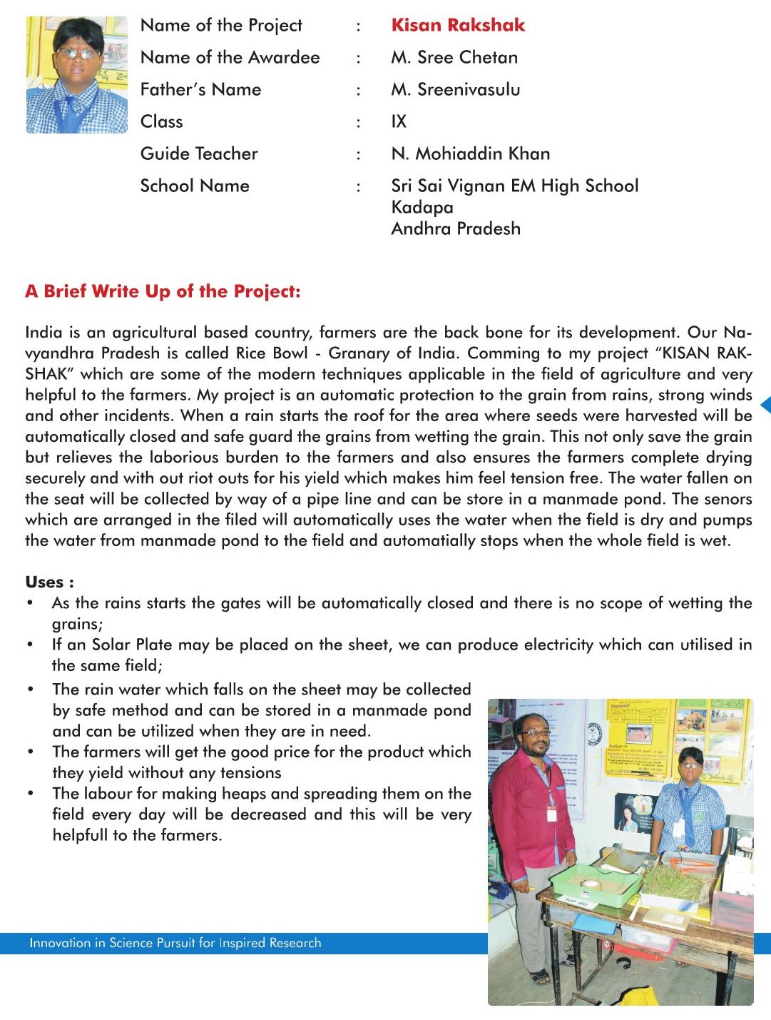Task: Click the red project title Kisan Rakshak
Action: [457, 25]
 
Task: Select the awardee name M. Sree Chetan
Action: [454, 57]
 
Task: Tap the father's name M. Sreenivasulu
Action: [456, 89]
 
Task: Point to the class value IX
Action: [399, 121]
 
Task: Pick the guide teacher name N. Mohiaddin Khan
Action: [471, 153]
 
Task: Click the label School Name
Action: [195, 186]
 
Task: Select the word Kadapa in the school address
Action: [422, 207]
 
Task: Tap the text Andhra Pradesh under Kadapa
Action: [456, 228]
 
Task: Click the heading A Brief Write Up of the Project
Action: [163, 291]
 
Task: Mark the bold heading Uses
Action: [49, 582]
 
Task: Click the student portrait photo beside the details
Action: [76, 75]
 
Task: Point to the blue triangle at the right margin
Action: [765, 405]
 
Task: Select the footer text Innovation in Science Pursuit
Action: [175, 943]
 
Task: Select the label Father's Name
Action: [200, 89]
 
